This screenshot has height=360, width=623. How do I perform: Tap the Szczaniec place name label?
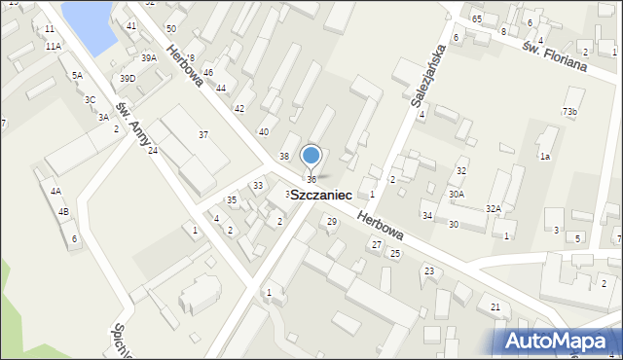point(321,196)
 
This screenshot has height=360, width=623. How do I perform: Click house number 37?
point(202,134)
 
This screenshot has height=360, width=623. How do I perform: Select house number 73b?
point(569,112)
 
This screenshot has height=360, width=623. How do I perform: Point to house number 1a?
point(545,157)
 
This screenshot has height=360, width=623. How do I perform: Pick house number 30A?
point(456,195)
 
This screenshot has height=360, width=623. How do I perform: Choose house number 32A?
point(494,209)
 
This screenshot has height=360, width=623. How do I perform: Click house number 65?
point(477,19)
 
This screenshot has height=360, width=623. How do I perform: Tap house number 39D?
point(128,78)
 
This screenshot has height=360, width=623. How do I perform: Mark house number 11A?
point(52,46)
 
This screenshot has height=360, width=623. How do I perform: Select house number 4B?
point(63,211)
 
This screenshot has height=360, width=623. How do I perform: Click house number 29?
point(332,222)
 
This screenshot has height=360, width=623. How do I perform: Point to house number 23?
point(427,270)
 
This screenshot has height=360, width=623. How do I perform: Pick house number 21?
point(495,307)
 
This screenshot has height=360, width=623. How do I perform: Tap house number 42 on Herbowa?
point(239,108)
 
